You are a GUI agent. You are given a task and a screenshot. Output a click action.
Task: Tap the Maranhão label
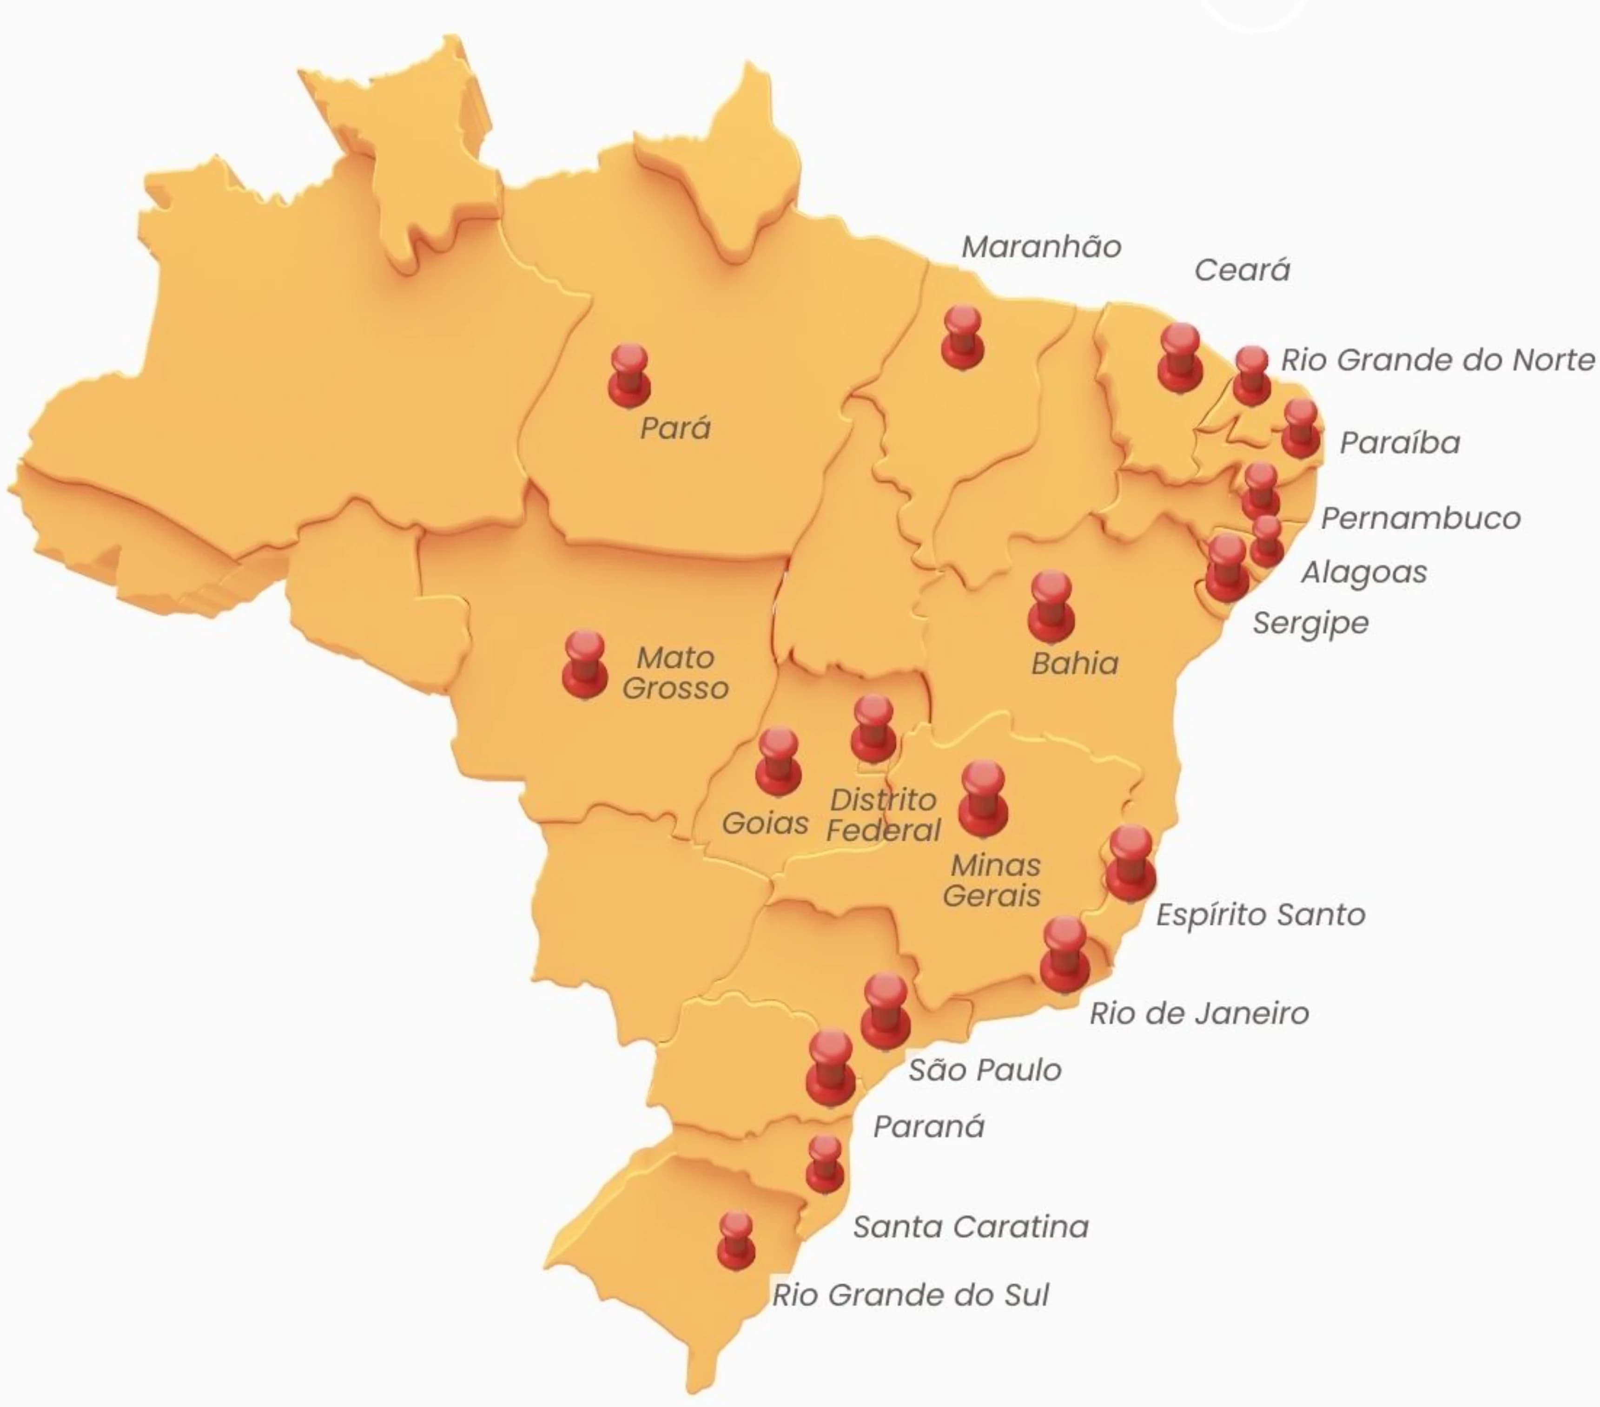pos(1041,246)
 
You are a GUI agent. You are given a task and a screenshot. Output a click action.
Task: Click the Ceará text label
pos(1242,270)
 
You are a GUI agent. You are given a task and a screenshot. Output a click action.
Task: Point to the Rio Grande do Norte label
pos(1437,360)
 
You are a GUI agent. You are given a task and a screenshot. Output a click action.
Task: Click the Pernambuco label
pos(1420,518)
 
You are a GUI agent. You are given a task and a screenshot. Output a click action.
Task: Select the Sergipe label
pos(1310,623)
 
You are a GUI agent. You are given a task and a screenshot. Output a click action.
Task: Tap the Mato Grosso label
pos(675,672)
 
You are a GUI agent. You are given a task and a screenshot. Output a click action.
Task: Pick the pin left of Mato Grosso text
pos(585,664)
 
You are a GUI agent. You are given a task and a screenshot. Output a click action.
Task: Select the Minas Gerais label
pos(992,881)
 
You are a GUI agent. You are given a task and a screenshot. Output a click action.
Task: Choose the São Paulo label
pos(984,1070)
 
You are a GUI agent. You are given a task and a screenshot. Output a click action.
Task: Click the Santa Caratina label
pos(971,1226)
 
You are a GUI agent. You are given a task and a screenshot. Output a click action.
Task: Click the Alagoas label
pos(1363,572)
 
